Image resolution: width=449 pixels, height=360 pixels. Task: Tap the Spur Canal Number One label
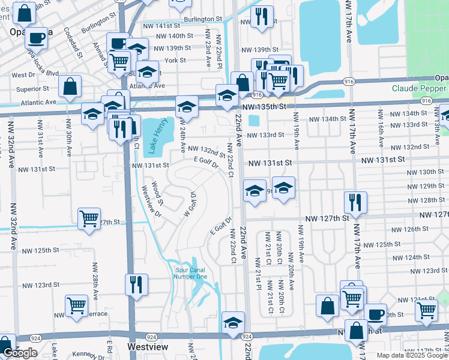191,273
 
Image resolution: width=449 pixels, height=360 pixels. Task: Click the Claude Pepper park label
420,88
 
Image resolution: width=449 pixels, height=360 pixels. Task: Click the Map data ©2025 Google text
412,355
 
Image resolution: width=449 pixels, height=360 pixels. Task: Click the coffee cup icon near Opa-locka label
37,38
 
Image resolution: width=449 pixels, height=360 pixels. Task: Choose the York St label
175,61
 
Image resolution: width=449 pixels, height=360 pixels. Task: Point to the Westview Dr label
150,201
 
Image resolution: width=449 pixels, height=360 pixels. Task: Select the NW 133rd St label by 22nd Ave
265,135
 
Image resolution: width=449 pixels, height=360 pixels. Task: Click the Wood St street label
157,190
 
